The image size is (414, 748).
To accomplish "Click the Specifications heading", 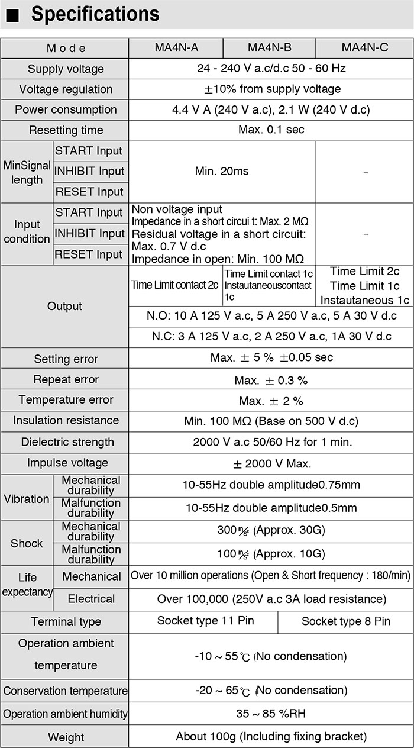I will click(x=95, y=14).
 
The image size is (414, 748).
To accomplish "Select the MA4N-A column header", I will click(x=176, y=48).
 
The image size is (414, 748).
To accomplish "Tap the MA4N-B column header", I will click(x=269, y=48).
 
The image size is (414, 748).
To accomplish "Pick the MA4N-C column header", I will click(x=365, y=48).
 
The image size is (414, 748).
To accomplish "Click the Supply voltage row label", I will click(x=65, y=69).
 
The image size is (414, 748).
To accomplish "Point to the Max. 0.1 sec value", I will click(x=271, y=130).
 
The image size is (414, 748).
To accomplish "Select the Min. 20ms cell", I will click(x=222, y=172).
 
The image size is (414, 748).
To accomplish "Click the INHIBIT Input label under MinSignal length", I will click(x=90, y=172).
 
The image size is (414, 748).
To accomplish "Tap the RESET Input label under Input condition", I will click(x=90, y=254).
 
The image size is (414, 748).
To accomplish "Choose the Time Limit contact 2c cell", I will click(x=175, y=285).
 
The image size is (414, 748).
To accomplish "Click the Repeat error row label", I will click(x=66, y=379).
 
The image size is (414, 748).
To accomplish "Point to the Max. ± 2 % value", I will click(x=271, y=401).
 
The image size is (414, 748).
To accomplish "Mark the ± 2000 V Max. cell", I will click(x=271, y=463).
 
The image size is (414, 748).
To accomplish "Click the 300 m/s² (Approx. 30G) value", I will click(x=271, y=531).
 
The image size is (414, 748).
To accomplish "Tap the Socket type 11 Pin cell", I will click(x=202, y=621).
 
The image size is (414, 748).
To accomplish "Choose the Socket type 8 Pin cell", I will click(x=345, y=621).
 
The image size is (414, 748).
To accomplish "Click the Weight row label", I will click(x=66, y=737).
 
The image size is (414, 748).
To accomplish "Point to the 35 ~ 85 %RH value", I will click(x=271, y=714).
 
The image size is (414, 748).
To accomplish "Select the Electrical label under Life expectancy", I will click(x=91, y=599).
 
